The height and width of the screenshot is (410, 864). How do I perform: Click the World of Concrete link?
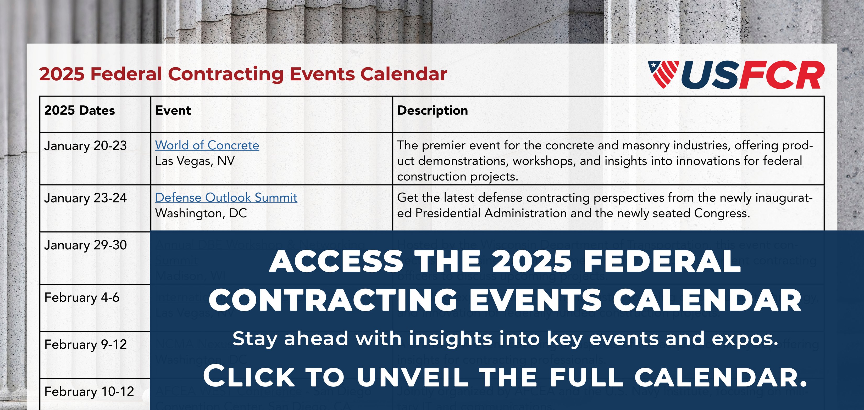(x=207, y=145)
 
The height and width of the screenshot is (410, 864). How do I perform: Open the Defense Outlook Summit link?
(x=226, y=198)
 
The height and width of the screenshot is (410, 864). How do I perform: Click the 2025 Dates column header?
(x=80, y=111)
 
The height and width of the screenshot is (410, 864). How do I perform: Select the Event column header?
(x=173, y=111)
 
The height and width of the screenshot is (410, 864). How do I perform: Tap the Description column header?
(x=432, y=111)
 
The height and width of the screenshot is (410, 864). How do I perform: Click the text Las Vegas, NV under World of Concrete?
(x=195, y=161)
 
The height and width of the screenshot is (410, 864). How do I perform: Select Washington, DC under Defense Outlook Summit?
(x=201, y=214)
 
